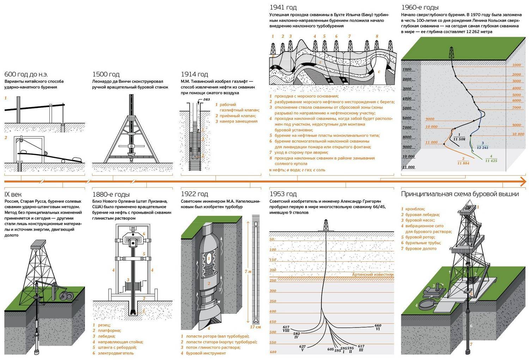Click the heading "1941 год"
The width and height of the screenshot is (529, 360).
pyautogui.click(x=283, y=7)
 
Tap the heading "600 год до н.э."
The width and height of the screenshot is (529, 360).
pyautogui.click(x=26, y=74)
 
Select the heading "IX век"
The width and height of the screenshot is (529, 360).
pyautogui.click(x=13, y=195)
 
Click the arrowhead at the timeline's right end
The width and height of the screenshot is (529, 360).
pyautogui.click(x=523, y=182)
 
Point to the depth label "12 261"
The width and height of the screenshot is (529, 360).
pyautogui.click(x=482, y=147)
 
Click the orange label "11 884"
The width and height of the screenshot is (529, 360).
pyautogui.click(x=463, y=163)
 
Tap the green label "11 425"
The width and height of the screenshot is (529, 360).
pyautogui.click(x=491, y=161)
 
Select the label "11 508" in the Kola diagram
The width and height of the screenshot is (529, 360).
pyautogui.click(x=459, y=139)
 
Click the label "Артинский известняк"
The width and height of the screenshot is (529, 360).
pyautogui.click(x=373, y=274)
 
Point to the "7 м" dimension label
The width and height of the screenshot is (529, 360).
pyautogui.click(x=248, y=271)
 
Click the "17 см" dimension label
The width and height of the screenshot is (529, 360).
pyautogui.click(x=255, y=327)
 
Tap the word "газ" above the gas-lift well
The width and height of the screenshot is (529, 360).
pyautogui.click(x=206, y=99)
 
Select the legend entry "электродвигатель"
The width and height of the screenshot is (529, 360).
pyautogui.click(x=116, y=353)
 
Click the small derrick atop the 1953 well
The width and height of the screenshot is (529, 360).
pyautogui.click(x=326, y=225)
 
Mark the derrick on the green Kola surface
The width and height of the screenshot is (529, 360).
pyautogui.click(x=451, y=53)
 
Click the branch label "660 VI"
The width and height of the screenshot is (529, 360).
pyautogui.click(x=378, y=327)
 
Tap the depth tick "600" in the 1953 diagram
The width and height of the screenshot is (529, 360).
pyautogui.click(x=273, y=352)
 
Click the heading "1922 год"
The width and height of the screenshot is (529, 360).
pyautogui.click(x=194, y=194)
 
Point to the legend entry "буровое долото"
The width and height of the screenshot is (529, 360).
pyautogui.click(x=421, y=249)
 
